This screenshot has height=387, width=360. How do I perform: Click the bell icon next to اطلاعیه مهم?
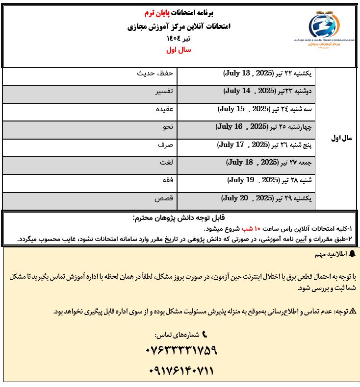click(x=351, y=255)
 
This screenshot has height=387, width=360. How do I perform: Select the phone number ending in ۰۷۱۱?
click(x=181, y=371)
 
